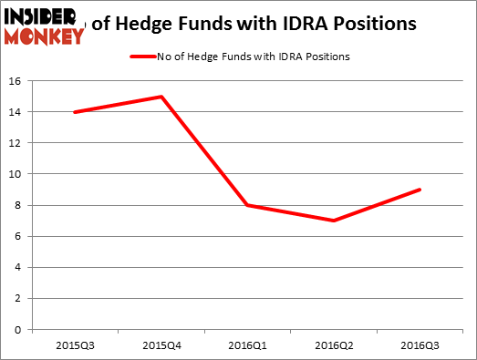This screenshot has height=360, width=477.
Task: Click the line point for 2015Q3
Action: tap(74, 112)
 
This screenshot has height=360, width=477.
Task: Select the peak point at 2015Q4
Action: tap(161, 97)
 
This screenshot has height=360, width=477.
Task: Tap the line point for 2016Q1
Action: tap(247, 205)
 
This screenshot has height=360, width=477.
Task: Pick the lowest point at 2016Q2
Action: tap(334, 221)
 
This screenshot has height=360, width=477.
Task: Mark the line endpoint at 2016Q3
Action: tap(420, 190)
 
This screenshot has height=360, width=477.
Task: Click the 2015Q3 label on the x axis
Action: tap(74, 345)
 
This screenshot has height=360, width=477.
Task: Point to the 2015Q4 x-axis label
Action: tap(161, 345)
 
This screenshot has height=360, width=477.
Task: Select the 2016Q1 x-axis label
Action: tap(247, 345)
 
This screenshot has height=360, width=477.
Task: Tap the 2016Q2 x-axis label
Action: tap(334, 345)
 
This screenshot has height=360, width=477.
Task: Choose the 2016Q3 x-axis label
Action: tap(420, 345)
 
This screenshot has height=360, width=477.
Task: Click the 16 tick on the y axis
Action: tap(18, 81)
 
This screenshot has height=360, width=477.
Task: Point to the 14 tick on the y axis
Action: tap(18, 112)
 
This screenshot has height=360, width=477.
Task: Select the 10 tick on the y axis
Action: tap(18, 174)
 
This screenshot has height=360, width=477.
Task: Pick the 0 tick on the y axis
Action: tap(21, 330)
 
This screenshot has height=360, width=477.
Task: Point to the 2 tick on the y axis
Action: tap(21, 298)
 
